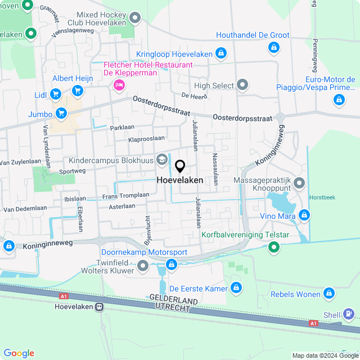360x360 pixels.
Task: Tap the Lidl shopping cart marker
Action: [x=56, y=94]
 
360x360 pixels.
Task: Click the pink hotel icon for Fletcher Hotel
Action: [x=119, y=85]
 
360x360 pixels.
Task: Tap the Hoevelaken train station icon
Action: [x=100, y=307]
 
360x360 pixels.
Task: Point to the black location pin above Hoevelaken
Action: [x=180, y=166]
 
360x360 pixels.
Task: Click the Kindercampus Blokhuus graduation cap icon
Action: [x=162, y=160]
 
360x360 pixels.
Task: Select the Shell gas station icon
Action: [x=349, y=313]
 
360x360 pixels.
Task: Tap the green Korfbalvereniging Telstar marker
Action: [x=274, y=246]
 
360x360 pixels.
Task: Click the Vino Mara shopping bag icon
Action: [x=304, y=215]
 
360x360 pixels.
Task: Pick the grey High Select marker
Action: [x=242, y=85]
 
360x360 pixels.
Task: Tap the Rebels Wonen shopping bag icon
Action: [x=330, y=294]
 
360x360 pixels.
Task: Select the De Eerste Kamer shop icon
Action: [x=237, y=289]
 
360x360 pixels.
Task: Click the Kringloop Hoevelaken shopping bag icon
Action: [x=221, y=54]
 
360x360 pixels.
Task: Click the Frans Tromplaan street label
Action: [x=125, y=196]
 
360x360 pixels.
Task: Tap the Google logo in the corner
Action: [x=19, y=353]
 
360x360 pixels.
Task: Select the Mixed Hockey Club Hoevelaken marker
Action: [x=134, y=19]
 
